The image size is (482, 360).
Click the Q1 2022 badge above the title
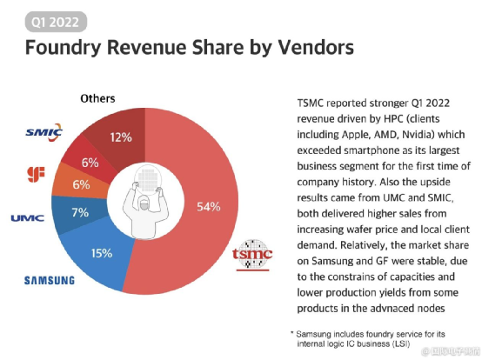pos(56,22)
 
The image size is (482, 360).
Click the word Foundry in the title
pos(63,48)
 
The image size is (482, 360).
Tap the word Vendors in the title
pos(316,47)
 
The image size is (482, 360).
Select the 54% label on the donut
pos(209,207)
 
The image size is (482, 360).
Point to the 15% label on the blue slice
pos(102,253)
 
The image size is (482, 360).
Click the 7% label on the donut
pos(80,212)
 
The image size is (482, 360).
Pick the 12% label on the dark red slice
pos(121,137)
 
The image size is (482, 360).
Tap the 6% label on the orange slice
pos(81,184)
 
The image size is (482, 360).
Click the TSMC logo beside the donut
pos(252,255)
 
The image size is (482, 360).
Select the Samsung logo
pos(50,280)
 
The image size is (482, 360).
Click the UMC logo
pos(28,218)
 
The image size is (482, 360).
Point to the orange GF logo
pos(36,174)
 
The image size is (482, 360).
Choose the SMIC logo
pos(44,132)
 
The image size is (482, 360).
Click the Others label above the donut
pos(97,98)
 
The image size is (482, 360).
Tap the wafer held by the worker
pos(147,178)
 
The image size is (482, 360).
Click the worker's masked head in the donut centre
pos(144,203)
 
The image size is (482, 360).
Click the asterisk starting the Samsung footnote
pos(291,333)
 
